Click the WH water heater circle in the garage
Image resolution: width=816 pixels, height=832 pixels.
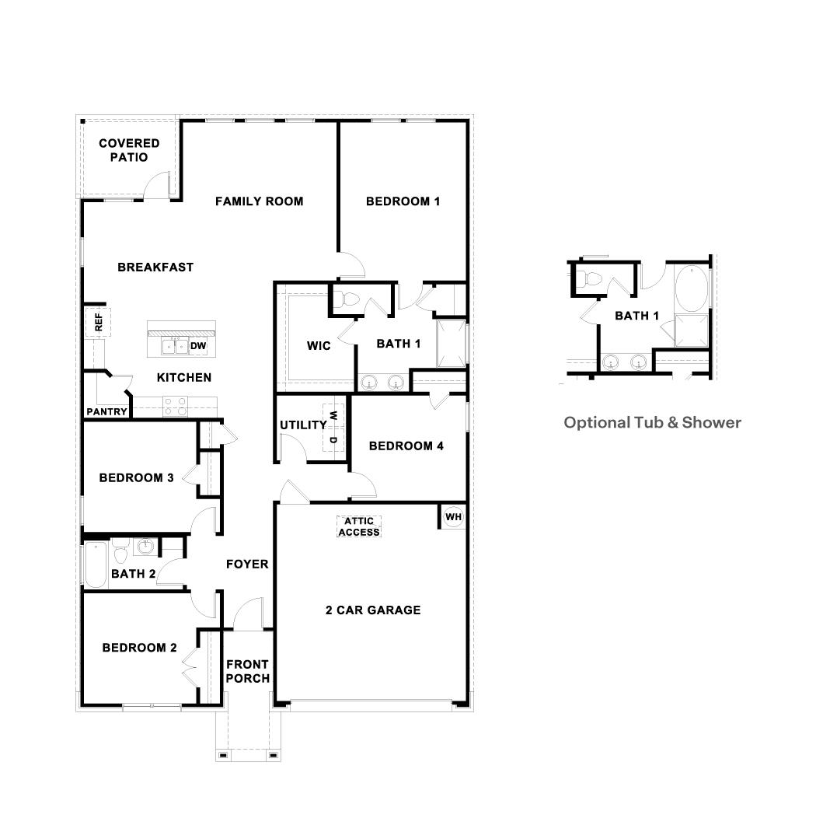(453, 516)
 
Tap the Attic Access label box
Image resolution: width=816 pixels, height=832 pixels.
(358, 526)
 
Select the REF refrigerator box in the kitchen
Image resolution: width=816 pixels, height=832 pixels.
(98, 322)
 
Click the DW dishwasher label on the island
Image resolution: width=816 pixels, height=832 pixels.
(198, 346)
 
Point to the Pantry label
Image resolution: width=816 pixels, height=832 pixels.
(106, 411)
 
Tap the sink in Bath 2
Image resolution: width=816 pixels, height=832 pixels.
(145, 547)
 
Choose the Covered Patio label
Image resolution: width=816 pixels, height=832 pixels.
(129, 150)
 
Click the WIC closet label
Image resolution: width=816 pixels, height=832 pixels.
(319, 346)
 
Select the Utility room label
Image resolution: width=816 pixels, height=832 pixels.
(303, 425)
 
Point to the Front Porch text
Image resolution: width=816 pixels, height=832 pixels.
(248, 671)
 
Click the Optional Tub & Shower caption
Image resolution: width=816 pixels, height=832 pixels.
(652, 423)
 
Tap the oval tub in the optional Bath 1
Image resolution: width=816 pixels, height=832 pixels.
(690, 288)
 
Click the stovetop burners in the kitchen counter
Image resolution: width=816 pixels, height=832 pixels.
(175, 404)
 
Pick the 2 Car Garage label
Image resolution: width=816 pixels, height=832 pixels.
(372, 610)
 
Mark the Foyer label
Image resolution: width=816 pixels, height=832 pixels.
(247, 565)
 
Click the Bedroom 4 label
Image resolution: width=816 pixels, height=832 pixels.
(406, 446)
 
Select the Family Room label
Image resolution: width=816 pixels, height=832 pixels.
(259, 201)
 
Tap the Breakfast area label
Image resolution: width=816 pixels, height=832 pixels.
(155, 267)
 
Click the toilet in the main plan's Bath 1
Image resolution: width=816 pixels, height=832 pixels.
(348, 299)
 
